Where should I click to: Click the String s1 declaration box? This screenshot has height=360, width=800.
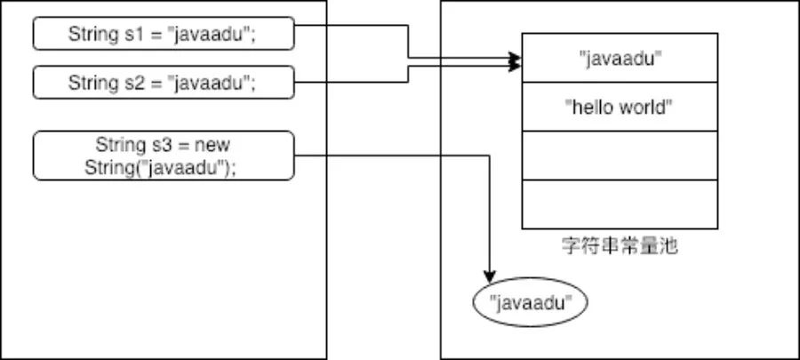tap(164, 34)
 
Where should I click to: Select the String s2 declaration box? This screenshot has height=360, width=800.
tap(164, 82)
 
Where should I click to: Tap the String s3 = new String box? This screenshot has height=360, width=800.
tap(164, 156)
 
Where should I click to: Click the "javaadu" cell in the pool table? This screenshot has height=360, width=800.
tap(620, 58)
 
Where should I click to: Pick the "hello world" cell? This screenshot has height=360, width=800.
tap(620, 107)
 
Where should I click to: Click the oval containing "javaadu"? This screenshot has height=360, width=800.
tap(531, 302)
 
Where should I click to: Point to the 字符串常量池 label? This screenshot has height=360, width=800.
tap(620, 246)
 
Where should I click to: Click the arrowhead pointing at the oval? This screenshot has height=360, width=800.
tap(490, 277)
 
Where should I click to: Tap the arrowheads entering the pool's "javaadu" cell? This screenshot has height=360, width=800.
tap(516, 62)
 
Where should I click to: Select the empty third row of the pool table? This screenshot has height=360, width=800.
tap(620, 156)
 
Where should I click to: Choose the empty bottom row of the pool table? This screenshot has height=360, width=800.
tap(620, 204)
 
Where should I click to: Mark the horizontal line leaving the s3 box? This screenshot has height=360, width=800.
tap(392, 156)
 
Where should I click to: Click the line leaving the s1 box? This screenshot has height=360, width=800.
tap(408, 41)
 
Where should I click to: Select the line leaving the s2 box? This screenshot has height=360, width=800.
tap(408, 74)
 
